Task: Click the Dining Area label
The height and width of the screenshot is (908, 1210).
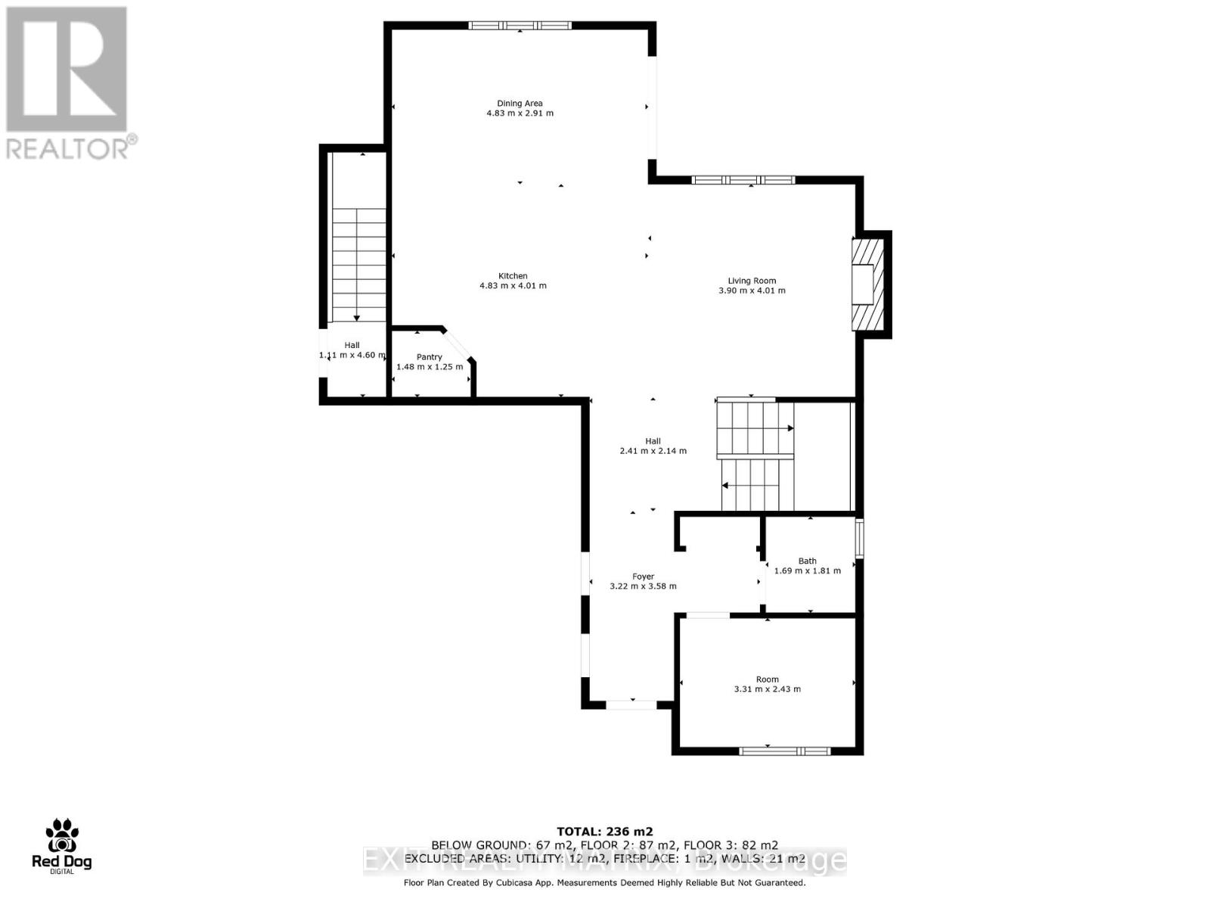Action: pyautogui.click(x=520, y=104)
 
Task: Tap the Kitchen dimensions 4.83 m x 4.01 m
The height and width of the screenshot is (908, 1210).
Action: pyautogui.click(x=513, y=286)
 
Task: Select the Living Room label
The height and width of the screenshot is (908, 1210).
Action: pyautogui.click(x=752, y=281)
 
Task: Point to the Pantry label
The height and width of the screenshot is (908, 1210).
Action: pyautogui.click(x=429, y=357)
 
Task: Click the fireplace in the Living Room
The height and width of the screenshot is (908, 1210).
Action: pyautogui.click(x=867, y=284)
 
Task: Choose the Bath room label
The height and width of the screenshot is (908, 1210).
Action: pyautogui.click(x=807, y=561)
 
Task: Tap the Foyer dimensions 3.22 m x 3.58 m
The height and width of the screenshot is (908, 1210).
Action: pyautogui.click(x=643, y=586)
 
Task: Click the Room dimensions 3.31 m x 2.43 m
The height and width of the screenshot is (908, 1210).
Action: pyautogui.click(x=767, y=689)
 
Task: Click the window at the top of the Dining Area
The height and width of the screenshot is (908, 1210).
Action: pyautogui.click(x=520, y=25)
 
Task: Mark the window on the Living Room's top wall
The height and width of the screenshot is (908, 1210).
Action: pyautogui.click(x=743, y=180)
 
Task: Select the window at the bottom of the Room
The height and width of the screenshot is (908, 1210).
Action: pyautogui.click(x=784, y=751)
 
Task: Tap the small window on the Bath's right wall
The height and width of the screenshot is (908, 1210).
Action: pyautogui.click(x=859, y=538)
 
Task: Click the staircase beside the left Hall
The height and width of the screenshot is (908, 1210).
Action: pyautogui.click(x=358, y=265)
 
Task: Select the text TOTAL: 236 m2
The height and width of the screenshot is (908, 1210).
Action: pyautogui.click(x=604, y=830)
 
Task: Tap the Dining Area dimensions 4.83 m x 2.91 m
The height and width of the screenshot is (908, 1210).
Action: pyautogui.click(x=520, y=113)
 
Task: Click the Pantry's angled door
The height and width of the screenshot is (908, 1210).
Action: pyautogui.click(x=459, y=345)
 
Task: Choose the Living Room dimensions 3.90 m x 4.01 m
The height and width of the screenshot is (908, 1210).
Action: pyautogui.click(x=752, y=291)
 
